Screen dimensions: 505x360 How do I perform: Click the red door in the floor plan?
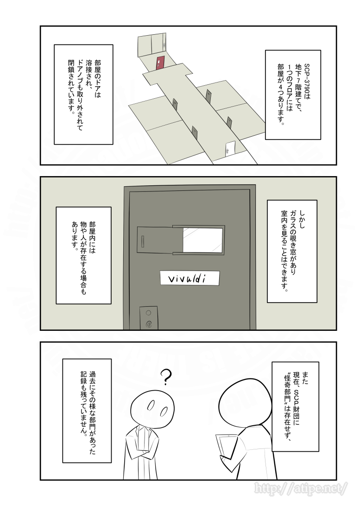pyautogui.click(x=160, y=63)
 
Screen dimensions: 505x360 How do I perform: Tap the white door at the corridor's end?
pyautogui.click(x=230, y=149)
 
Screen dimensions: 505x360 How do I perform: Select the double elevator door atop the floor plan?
pyautogui.click(x=152, y=44)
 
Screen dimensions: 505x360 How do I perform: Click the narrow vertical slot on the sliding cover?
pyautogui.click(x=143, y=241)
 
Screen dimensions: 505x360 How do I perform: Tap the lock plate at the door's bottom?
pyautogui.click(x=148, y=317)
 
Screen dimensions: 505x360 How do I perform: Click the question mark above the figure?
pyautogui.click(x=165, y=377)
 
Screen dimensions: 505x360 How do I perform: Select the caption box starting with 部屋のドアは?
pyautogui.click(x=83, y=95)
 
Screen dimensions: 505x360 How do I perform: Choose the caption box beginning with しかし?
pyautogui.click(x=292, y=251)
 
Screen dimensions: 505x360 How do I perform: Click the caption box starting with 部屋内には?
pyautogui.click(x=83, y=255)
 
